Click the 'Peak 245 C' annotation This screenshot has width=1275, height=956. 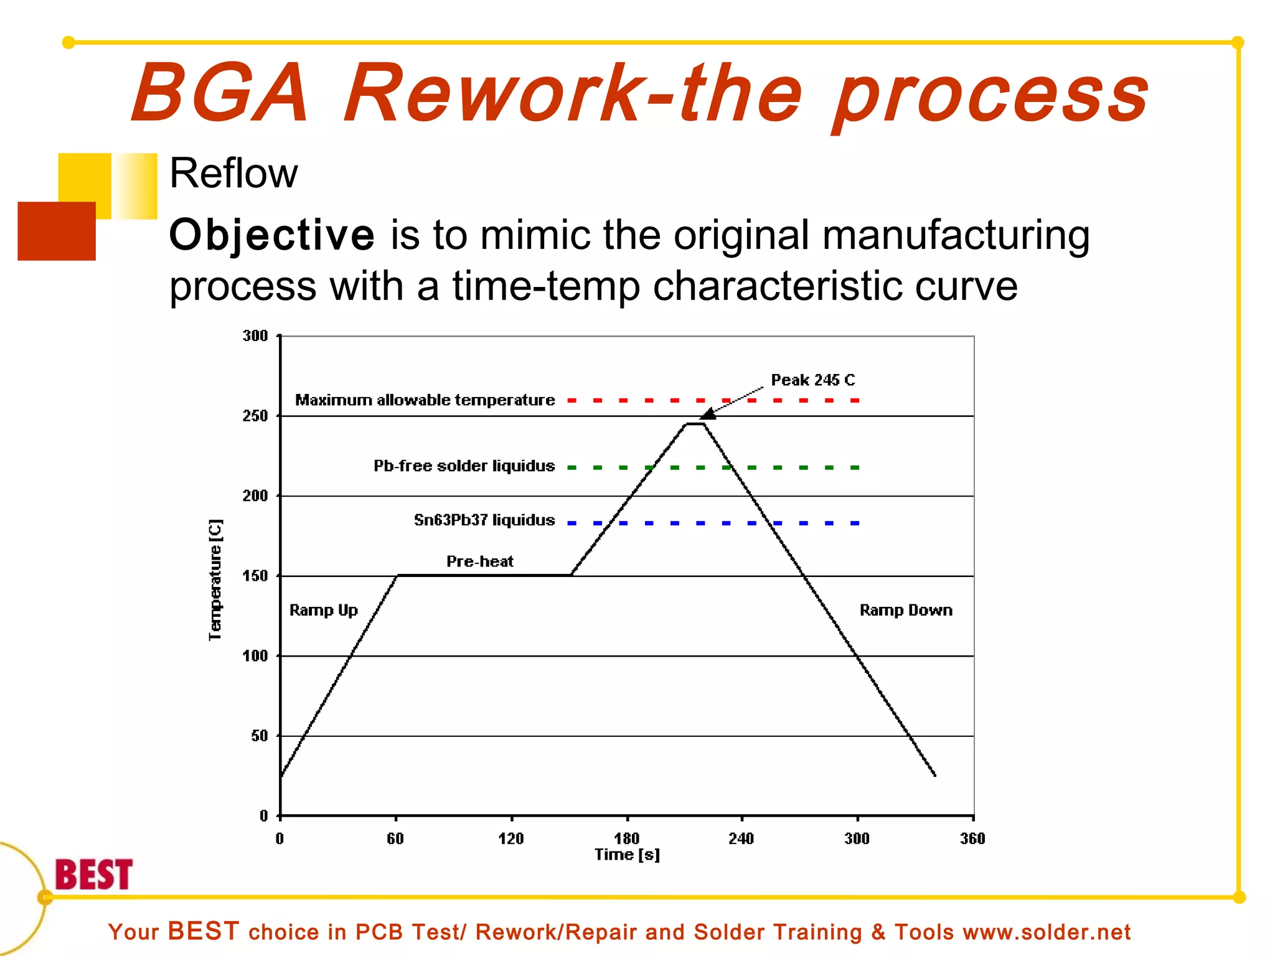coord(812,380)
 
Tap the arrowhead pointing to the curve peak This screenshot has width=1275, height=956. coord(708,415)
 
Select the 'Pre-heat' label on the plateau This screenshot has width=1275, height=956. coord(479,561)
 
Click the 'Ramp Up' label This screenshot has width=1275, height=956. coord(323,610)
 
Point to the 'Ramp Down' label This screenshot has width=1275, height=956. coord(905,610)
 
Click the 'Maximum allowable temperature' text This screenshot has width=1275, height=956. coord(425,400)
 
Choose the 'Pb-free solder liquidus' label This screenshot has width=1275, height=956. coord(464,466)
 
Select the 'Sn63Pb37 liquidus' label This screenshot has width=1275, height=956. coord(484,520)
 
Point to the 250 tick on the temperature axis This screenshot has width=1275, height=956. coord(255,416)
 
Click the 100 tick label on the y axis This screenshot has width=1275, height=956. coord(255,656)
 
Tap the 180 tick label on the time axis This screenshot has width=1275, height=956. coord(626,838)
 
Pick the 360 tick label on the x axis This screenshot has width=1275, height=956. coord(972,838)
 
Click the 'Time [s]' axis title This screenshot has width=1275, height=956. coord(626,855)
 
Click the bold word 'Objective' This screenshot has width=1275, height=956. coord(272,235)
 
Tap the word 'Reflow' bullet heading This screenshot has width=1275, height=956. coord(233,173)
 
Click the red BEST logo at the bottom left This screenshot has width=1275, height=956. coord(93,874)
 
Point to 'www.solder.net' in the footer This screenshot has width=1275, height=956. coord(1046,932)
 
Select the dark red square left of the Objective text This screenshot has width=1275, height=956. coord(56,231)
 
